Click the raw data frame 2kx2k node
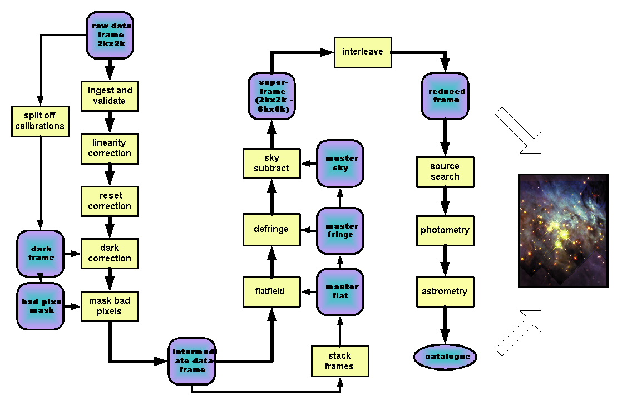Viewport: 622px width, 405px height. (110, 34)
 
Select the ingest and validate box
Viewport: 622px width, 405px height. (110, 95)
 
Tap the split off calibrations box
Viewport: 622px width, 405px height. (40, 120)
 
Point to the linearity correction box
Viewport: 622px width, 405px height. (110, 148)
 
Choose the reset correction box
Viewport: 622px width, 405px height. (110, 201)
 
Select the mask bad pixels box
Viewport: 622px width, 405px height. (110, 306)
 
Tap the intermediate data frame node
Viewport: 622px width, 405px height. (192, 360)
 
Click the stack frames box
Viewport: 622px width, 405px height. (339, 361)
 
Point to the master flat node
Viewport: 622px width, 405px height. (340, 291)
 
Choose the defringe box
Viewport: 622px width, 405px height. (271, 229)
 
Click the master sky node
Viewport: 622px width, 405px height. (340, 163)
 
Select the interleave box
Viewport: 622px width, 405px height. (363, 52)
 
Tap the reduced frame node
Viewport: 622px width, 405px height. (445, 96)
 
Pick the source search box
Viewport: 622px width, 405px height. (445, 171)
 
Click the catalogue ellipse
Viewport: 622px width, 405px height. (445, 356)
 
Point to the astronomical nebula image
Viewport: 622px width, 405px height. (563, 230)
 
